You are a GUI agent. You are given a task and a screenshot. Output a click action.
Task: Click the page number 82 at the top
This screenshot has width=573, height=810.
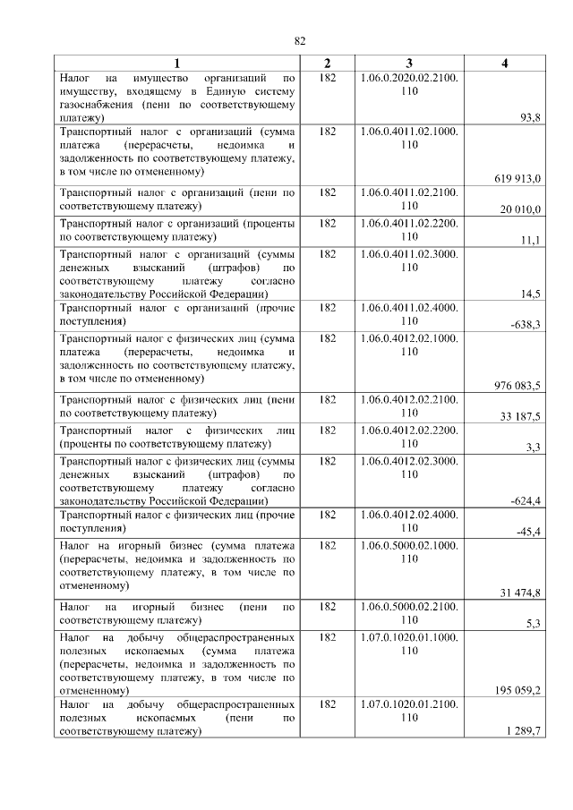(300, 41)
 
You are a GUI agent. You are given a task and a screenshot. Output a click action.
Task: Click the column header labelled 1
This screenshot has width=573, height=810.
(176, 63)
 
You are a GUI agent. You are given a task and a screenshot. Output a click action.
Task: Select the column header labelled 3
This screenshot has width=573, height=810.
(409, 63)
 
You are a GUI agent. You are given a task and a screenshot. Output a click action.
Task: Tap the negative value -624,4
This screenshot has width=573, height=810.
(525, 500)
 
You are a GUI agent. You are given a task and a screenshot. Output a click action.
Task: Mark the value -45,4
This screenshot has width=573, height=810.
(527, 532)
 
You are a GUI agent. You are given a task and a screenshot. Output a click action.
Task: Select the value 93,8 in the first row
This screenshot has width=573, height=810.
(530, 117)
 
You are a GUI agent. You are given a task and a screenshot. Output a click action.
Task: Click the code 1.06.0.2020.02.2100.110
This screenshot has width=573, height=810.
(409, 85)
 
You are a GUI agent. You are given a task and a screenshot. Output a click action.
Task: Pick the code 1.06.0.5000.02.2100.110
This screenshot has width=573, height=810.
(409, 613)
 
